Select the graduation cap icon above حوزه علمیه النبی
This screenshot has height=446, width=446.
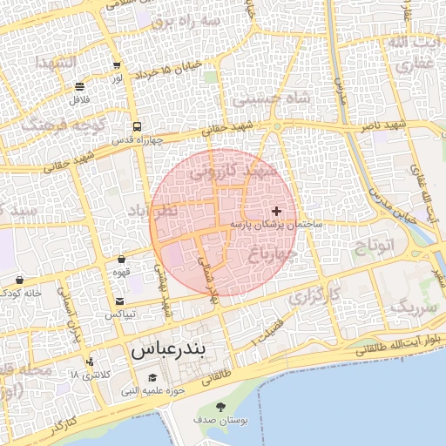point(153,378)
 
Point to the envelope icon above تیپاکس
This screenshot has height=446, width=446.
point(118,301)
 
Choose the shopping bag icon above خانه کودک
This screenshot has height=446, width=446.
point(19,280)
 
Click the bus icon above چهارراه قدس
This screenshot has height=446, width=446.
point(136,126)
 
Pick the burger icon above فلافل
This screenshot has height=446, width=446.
point(80,86)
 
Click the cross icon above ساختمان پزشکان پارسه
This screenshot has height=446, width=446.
point(277,211)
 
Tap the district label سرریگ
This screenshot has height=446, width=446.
point(411,307)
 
